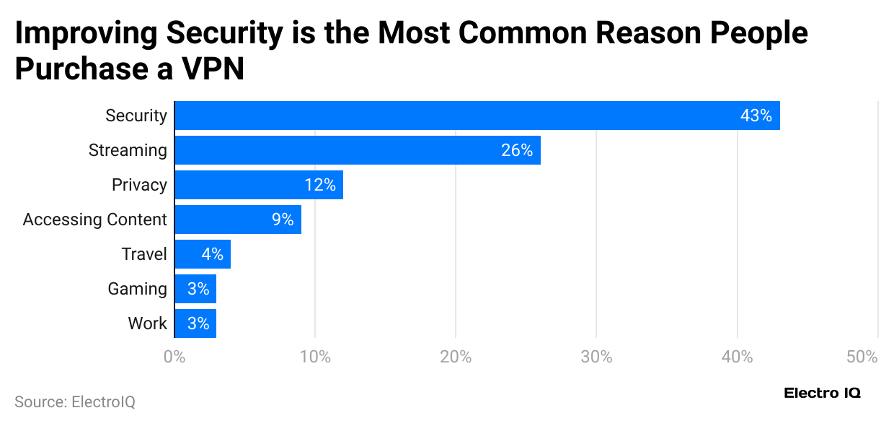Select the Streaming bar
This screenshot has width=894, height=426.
pyautogui.click(x=358, y=150)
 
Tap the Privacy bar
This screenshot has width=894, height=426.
pyautogui.click(x=259, y=185)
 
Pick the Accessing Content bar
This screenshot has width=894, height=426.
pyautogui.click(x=238, y=219)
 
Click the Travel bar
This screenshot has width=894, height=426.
pyautogui.click(x=203, y=254)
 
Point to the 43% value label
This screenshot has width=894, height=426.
pyautogui.click(x=756, y=116)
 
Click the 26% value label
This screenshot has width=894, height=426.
pyautogui.click(x=516, y=150)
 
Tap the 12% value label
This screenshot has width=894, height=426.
pyautogui.click(x=319, y=185)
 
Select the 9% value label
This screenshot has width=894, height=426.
pyautogui.click(x=283, y=219)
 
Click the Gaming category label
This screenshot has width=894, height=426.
pyautogui.click(x=137, y=289)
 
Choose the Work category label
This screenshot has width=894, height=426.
pyautogui.click(x=147, y=323)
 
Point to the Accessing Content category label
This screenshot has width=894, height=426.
pyautogui.click(x=94, y=219)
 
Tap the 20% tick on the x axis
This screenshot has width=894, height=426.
pyautogui.click(x=455, y=357)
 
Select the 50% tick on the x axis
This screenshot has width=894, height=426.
pyautogui.click(x=862, y=357)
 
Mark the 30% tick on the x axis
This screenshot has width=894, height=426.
pyautogui.click(x=596, y=357)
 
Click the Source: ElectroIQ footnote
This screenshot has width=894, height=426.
pyautogui.click(x=75, y=401)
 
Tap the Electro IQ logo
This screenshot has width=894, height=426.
pyautogui.click(x=822, y=394)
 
